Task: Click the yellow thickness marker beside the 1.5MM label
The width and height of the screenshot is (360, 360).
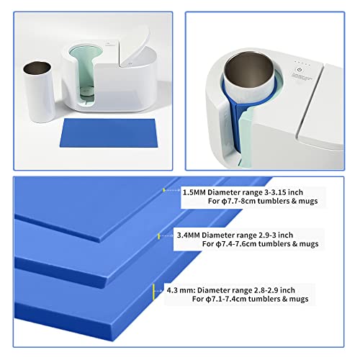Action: click(x=165, y=189)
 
